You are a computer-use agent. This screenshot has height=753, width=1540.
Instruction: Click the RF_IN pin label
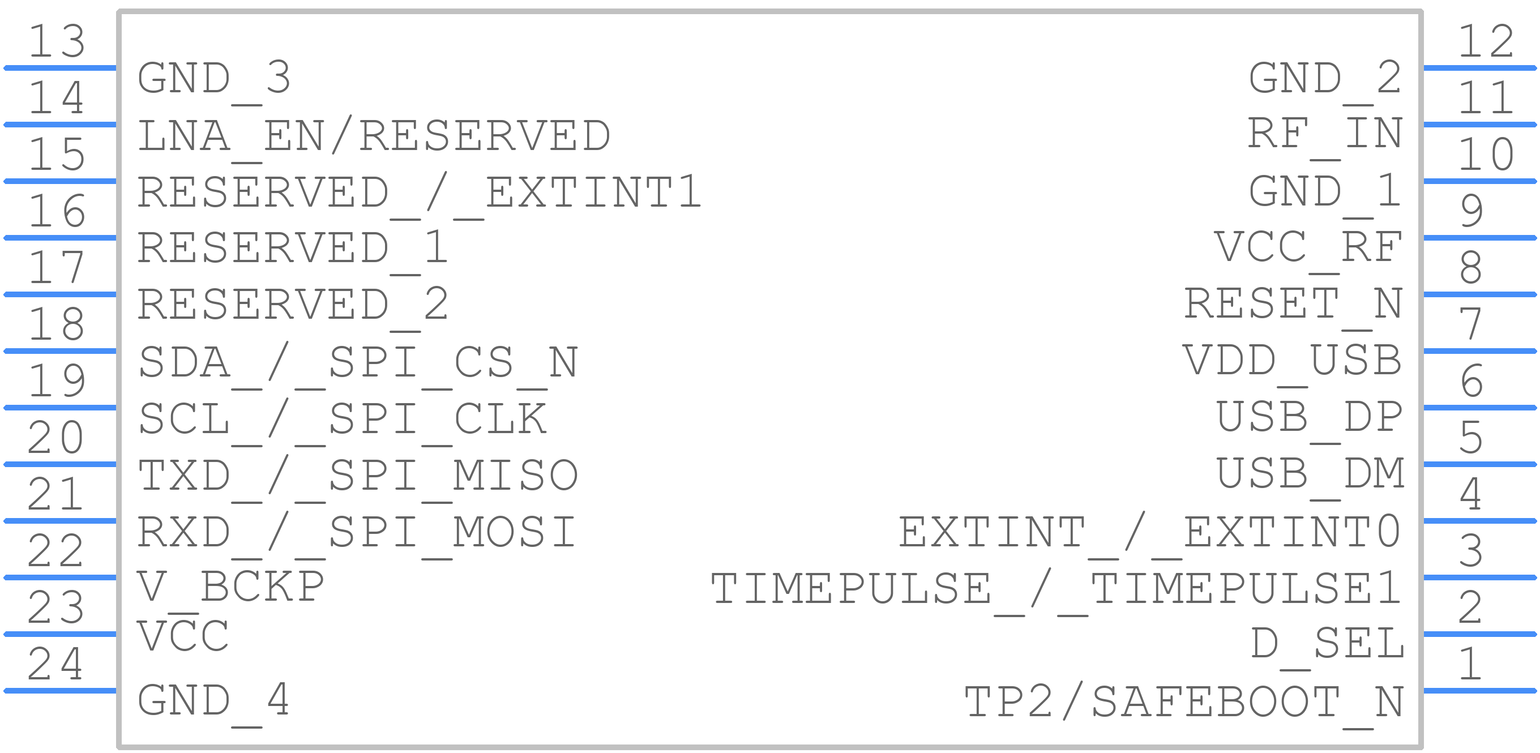point(1325,135)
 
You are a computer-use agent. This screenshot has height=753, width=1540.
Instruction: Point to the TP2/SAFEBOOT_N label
point(1184,704)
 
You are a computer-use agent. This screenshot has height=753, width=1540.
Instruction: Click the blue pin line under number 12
point(1480,67)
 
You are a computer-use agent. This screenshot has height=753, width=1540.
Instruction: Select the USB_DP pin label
point(1309,418)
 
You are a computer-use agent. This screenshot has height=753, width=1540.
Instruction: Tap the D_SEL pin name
point(1327,644)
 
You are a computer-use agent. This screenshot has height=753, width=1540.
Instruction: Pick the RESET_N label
point(1293,305)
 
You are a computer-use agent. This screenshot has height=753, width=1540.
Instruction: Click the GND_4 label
point(214,701)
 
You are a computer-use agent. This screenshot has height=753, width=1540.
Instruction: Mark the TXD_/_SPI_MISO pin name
point(357,477)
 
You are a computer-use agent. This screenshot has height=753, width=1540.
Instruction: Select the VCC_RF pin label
point(1308,249)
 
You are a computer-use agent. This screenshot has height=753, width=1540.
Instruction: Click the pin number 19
point(57,380)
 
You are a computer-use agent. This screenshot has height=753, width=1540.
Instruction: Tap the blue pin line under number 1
point(1480,691)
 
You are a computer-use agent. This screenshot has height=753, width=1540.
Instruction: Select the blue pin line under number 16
point(60,238)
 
